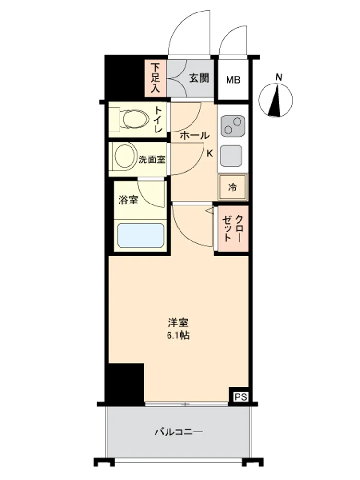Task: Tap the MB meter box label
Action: (233, 80)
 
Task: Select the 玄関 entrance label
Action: (199, 78)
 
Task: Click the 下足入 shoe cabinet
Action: (155, 78)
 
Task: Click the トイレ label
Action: (158, 120)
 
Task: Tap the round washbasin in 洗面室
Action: (125, 156)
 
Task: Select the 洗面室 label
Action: (152, 159)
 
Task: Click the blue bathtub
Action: (141, 235)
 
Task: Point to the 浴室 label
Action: (128, 200)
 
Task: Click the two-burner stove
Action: (233, 126)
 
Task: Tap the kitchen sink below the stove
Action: (231, 155)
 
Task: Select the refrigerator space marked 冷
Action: (233, 187)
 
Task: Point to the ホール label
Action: (195, 136)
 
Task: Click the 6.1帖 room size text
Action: (178, 335)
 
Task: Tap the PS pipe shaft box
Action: (240, 397)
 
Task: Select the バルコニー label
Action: (178, 432)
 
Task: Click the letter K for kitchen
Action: (210, 154)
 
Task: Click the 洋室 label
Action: (178, 323)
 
